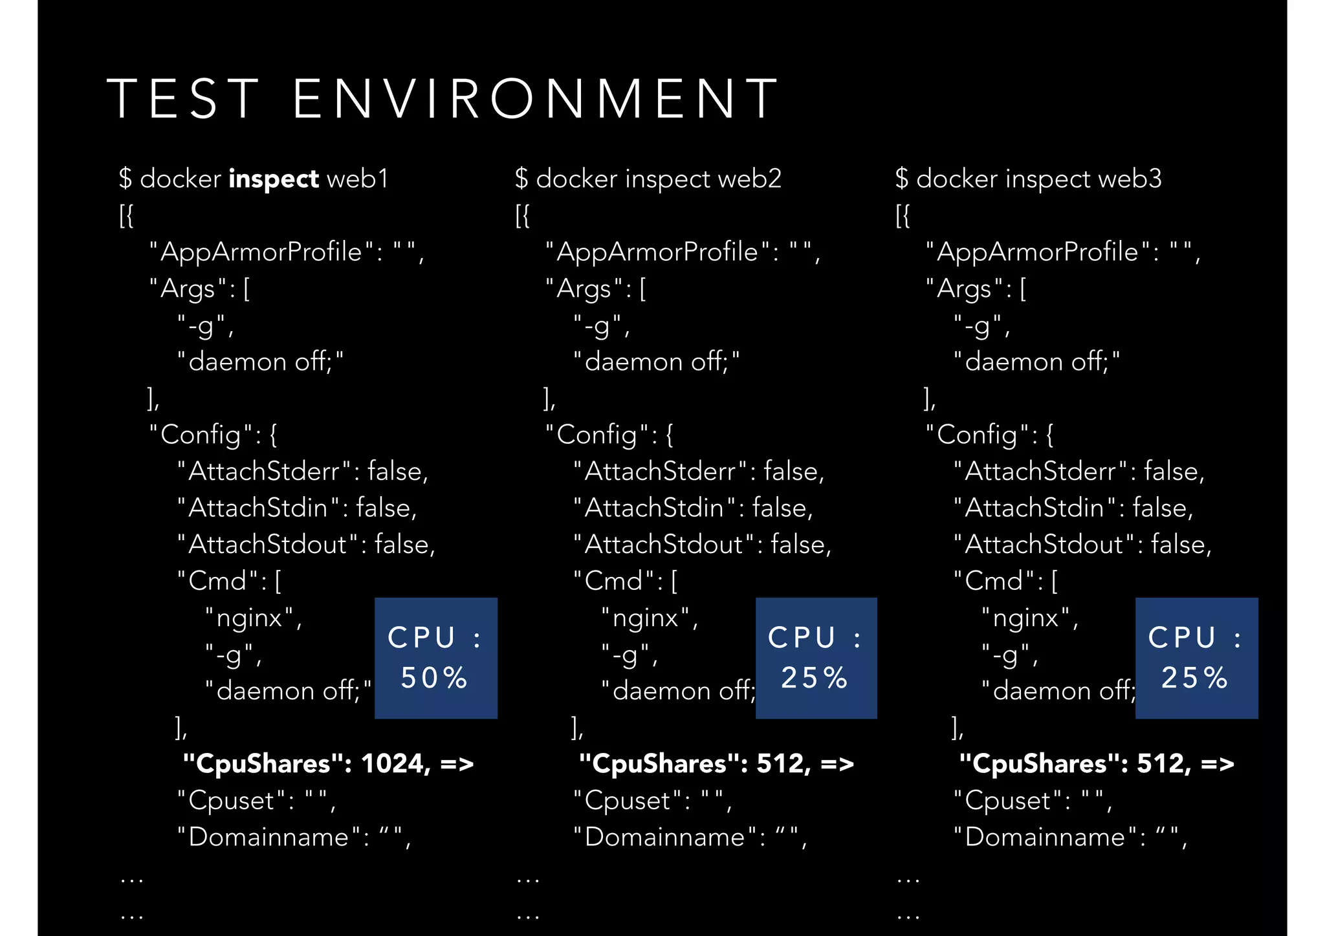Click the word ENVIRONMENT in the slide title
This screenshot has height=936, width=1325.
(536, 99)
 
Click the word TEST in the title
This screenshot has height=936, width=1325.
(184, 99)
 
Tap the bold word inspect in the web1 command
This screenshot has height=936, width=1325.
(274, 179)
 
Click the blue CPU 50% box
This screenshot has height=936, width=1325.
(435, 658)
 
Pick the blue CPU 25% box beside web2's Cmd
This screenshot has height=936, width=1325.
(816, 658)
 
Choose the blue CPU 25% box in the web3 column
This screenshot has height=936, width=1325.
(1196, 658)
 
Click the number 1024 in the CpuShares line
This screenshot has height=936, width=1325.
(395, 764)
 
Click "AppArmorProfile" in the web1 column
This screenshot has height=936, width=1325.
(261, 252)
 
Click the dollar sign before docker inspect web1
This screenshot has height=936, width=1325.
(126, 179)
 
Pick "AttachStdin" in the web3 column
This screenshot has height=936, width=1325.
(1034, 508)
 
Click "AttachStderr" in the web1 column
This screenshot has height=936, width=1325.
(264, 472)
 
